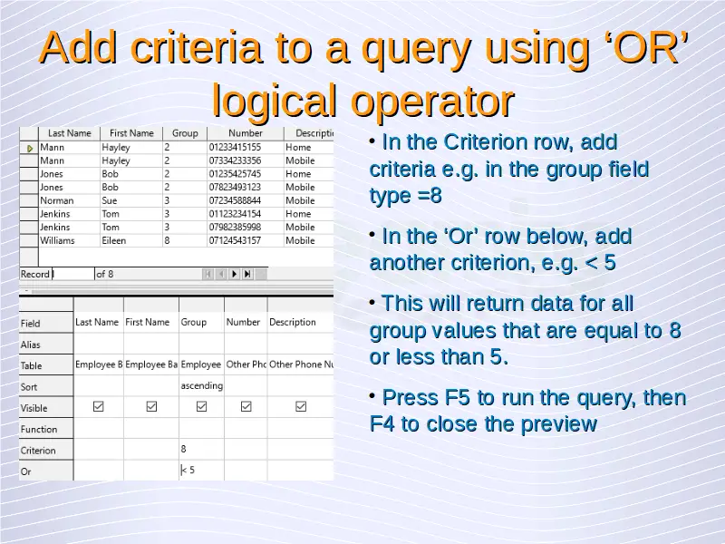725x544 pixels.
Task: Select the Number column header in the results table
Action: pyautogui.click(x=245, y=133)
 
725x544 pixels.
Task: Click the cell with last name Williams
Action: pyautogui.click(x=57, y=240)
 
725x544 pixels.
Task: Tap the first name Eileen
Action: pyautogui.click(x=114, y=240)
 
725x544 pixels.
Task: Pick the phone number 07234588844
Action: pyautogui.click(x=235, y=200)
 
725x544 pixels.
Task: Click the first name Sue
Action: pyautogui.click(x=109, y=200)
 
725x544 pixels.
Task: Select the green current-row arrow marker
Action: pyautogui.click(x=30, y=149)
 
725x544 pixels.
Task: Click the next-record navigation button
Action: pyautogui.click(x=234, y=274)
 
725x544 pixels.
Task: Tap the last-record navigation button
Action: pyautogui.click(x=247, y=274)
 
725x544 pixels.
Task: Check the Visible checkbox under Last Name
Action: pyautogui.click(x=99, y=406)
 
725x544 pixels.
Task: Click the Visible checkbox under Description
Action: pyautogui.click(x=301, y=406)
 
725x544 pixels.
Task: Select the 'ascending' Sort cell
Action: pyautogui.click(x=201, y=386)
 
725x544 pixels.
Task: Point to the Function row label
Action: pyautogui.click(x=39, y=429)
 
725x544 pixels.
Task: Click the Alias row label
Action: pyautogui.click(x=31, y=345)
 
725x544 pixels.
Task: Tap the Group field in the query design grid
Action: pyautogui.click(x=193, y=322)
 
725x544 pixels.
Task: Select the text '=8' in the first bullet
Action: pyautogui.click(x=430, y=196)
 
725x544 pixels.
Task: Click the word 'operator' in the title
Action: pyautogui.click(x=432, y=101)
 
